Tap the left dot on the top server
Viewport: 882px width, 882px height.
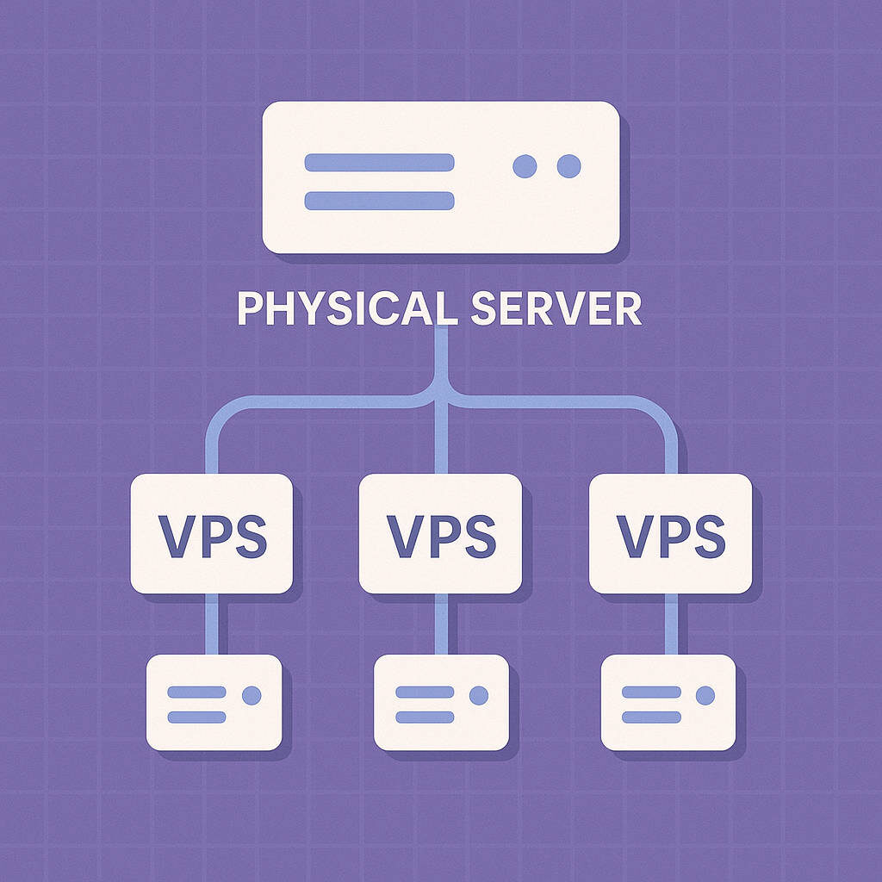(525, 166)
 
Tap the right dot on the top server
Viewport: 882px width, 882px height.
(568, 166)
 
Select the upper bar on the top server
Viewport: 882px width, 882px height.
(379, 163)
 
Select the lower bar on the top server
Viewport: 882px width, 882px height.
(379, 201)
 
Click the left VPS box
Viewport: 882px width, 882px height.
(212, 533)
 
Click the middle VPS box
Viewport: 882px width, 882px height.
(440, 533)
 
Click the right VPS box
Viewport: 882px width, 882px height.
(670, 533)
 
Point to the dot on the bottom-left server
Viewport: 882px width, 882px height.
(252, 695)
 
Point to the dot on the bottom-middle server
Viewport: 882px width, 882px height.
(479, 695)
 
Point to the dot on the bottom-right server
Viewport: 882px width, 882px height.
(705, 695)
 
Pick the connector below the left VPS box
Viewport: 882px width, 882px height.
(212, 624)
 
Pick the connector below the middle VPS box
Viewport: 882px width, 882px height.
(441, 624)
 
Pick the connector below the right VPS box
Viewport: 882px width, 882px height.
(671, 624)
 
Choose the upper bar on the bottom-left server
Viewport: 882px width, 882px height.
(196, 692)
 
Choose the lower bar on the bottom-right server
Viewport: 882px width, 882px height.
(651, 717)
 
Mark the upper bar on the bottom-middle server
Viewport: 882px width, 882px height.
(424, 692)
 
